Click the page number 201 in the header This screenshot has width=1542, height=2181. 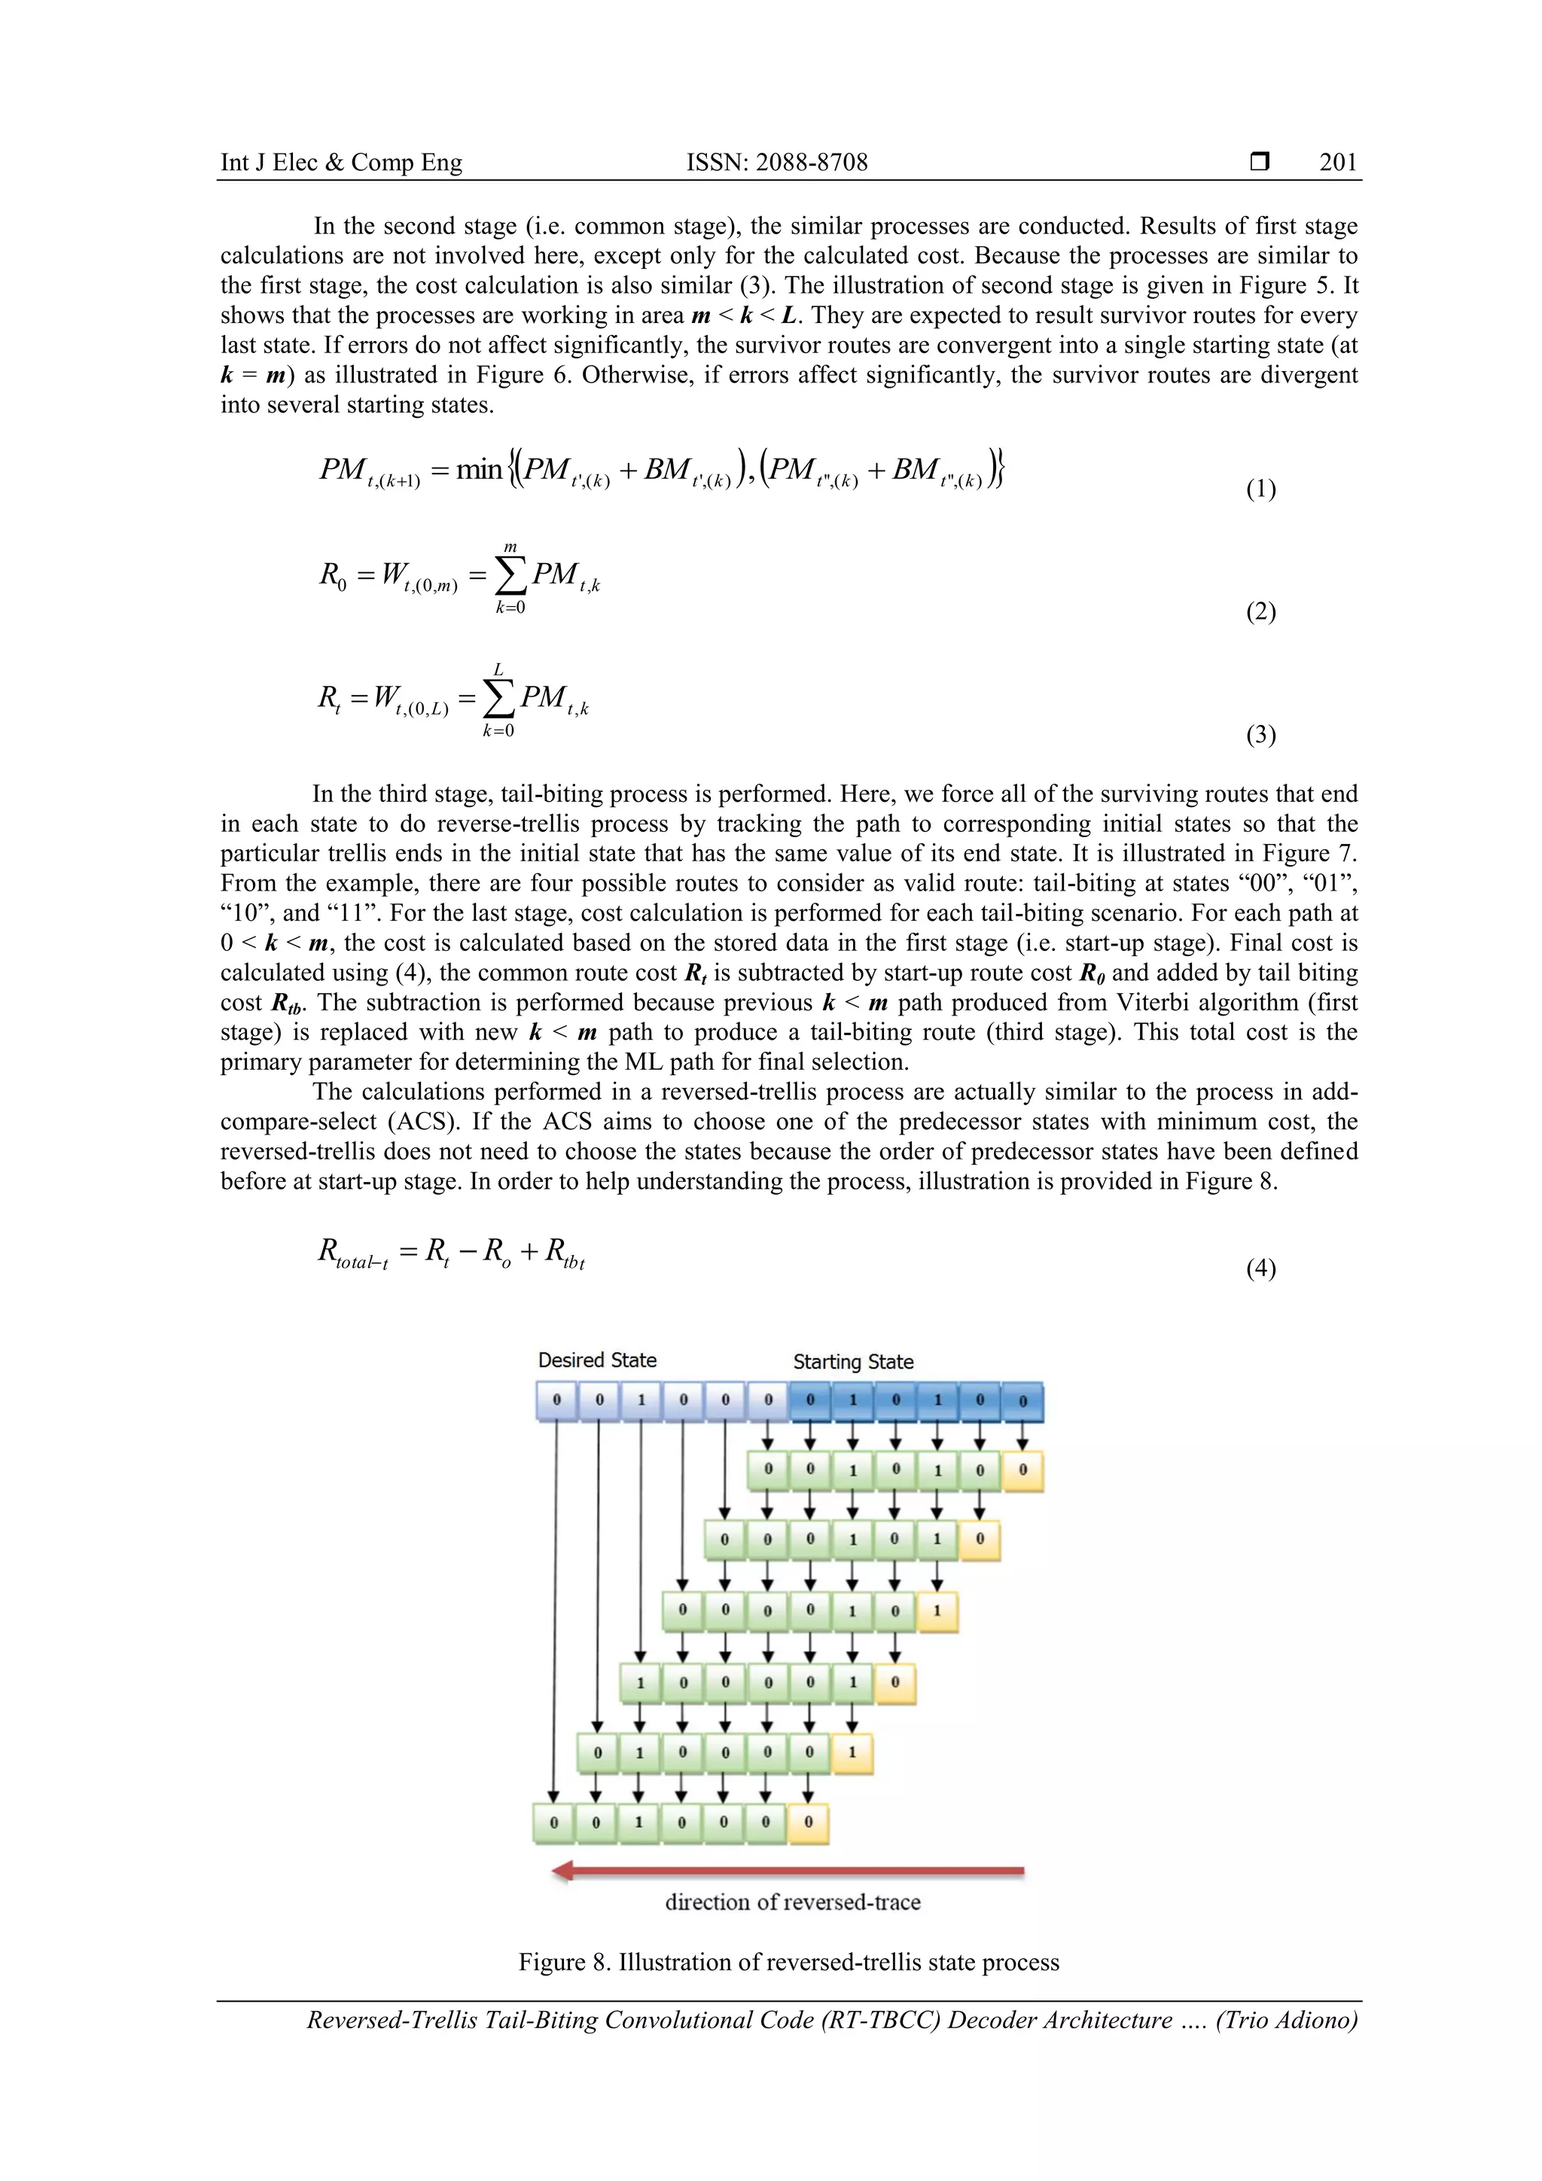tap(1338, 163)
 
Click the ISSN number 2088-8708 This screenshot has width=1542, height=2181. tap(776, 163)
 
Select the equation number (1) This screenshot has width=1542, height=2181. tap(1260, 489)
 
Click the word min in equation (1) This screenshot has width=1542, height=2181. tap(479, 469)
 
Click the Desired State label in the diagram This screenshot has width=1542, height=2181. tap(596, 1360)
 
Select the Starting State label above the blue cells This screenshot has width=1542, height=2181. tap(853, 1362)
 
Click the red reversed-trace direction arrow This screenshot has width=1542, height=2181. tap(788, 1872)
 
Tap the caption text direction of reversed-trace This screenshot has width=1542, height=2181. tap(792, 1902)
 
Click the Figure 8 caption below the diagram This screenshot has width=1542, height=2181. tap(788, 1963)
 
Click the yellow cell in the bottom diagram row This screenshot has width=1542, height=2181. tap(809, 1822)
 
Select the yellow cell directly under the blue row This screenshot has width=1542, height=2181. tap(1022, 1470)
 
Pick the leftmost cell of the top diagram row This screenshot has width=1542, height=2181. tap(556, 1400)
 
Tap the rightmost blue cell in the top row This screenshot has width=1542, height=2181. tap(1022, 1400)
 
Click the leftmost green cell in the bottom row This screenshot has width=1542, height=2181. tap(554, 1822)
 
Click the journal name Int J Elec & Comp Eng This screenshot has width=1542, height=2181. tap(341, 163)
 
